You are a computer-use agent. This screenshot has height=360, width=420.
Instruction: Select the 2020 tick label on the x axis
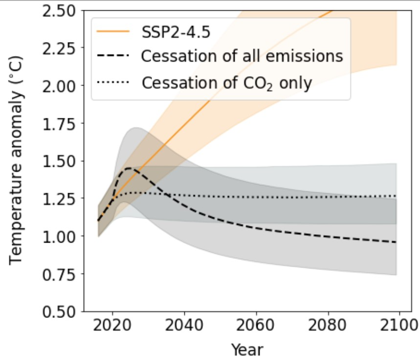113,326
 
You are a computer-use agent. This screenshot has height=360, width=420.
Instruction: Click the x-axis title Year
247,349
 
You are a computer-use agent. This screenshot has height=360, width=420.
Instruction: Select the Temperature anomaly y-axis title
17,161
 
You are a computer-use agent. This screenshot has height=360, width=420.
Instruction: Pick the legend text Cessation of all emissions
242,56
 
